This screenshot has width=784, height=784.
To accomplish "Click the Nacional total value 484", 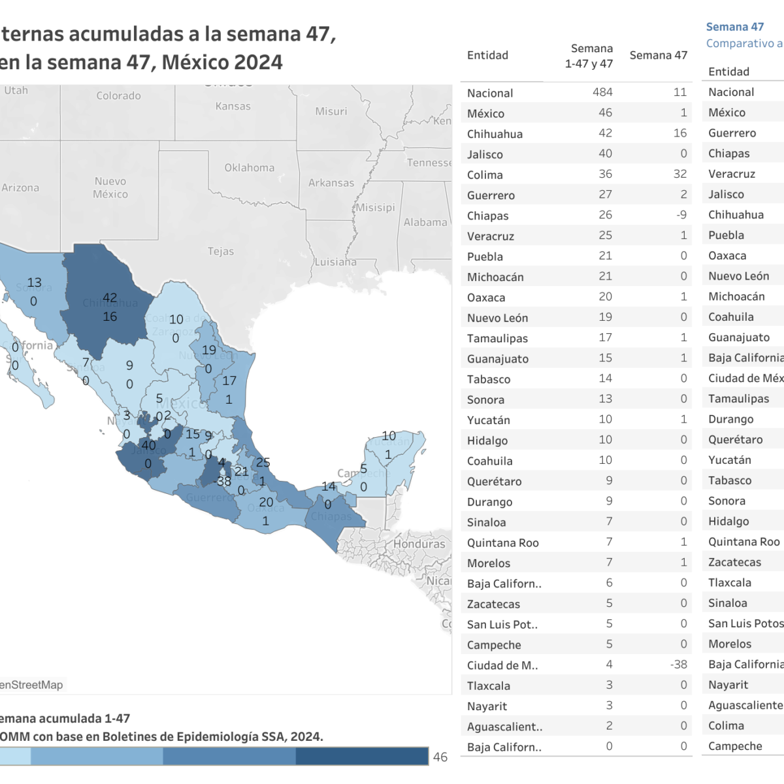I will (x=602, y=92).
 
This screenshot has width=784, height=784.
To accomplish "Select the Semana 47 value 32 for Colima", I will (x=679, y=174).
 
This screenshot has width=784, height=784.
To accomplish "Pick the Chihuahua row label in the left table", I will (x=495, y=134).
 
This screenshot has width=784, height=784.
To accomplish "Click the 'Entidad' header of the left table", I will (x=487, y=56).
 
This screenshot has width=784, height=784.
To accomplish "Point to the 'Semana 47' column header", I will (x=658, y=56).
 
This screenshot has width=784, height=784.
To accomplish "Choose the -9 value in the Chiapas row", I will (x=681, y=214).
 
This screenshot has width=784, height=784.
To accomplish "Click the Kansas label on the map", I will (x=233, y=106).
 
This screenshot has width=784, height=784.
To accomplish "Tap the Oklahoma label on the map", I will (x=250, y=167).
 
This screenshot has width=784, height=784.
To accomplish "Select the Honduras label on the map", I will (x=419, y=544).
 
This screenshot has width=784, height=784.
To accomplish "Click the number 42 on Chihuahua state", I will (x=110, y=298).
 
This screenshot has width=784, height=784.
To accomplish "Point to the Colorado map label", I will (x=118, y=95).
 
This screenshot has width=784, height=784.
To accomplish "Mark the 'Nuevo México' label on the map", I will (x=110, y=188).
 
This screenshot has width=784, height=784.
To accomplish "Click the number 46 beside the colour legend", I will (x=440, y=757).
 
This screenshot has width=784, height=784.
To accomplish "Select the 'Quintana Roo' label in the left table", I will (x=502, y=542).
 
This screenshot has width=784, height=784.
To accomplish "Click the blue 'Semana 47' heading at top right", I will (x=734, y=27).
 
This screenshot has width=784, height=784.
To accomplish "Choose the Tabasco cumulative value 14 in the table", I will (x=605, y=378).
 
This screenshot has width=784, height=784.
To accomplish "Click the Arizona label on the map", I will (x=20, y=188).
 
